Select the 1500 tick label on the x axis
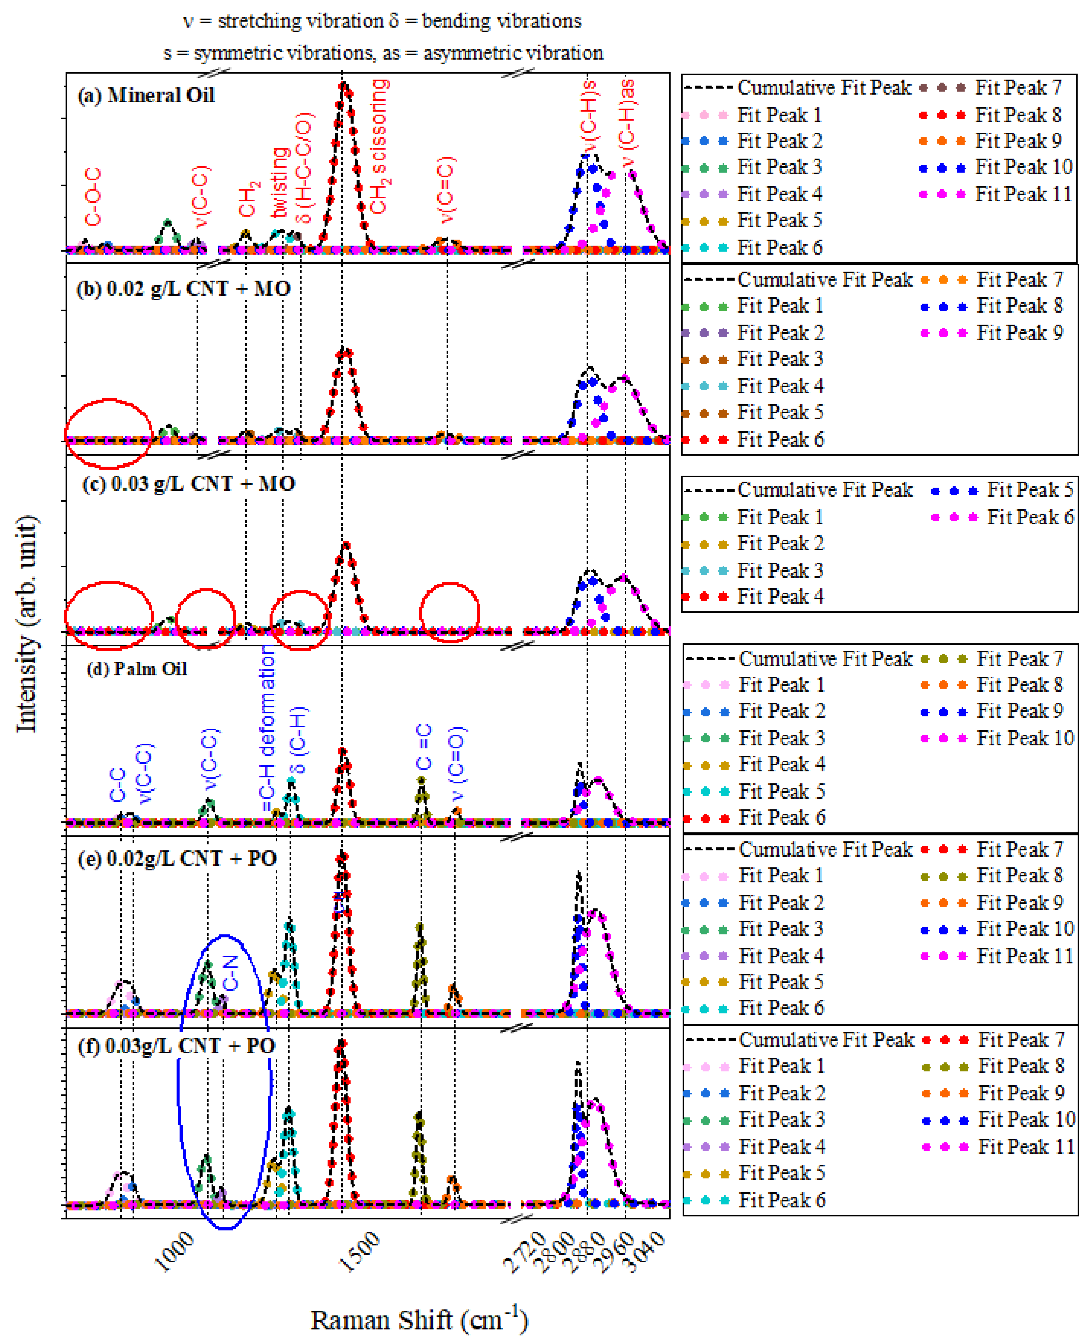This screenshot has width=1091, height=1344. click(x=361, y=1252)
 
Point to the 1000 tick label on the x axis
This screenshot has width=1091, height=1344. click(x=175, y=1252)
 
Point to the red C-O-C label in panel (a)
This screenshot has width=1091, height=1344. click(x=92, y=197)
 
